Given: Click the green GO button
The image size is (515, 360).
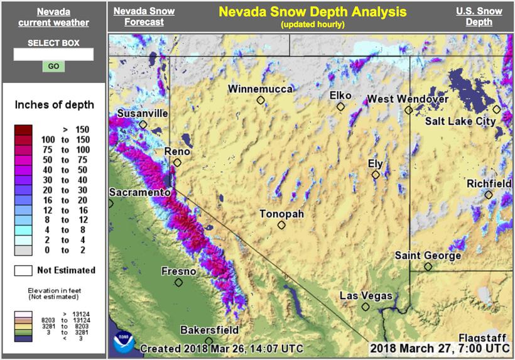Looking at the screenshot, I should click(x=53, y=67).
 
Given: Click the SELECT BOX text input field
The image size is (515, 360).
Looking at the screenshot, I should click(x=53, y=55).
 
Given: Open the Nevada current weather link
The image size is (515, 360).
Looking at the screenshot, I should click(x=53, y=17).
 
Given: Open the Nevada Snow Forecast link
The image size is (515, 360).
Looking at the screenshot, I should click(x=143, y=17).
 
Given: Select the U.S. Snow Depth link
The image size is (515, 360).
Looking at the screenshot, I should click(x=479, y=17).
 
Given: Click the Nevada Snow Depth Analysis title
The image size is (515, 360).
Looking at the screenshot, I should click(x=312, y=12).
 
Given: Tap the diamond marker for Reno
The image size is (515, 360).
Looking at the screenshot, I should click(x=177, y=162).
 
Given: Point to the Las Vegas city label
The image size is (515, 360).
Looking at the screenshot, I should click(x=366, y=296).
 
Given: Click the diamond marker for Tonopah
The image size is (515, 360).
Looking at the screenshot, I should click(x=281, y=225).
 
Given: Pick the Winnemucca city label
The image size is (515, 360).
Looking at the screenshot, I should click(x=260, y=89).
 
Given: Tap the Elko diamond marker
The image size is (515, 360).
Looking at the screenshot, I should click(x=340, y=107).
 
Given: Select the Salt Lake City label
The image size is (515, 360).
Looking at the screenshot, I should click(x=460, y=121).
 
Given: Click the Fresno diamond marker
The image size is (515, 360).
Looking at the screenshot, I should click(x=178, y=283).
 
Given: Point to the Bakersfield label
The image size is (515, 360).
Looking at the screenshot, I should click(x=209, y=330).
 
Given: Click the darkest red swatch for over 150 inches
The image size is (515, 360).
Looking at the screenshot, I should click(x=23, y=129).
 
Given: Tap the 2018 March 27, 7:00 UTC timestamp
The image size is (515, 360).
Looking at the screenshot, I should click(x=439, y=347).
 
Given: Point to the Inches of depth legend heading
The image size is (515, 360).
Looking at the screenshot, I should click(x=54, y=104).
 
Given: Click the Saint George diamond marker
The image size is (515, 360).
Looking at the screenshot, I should click(x=428, y=267).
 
